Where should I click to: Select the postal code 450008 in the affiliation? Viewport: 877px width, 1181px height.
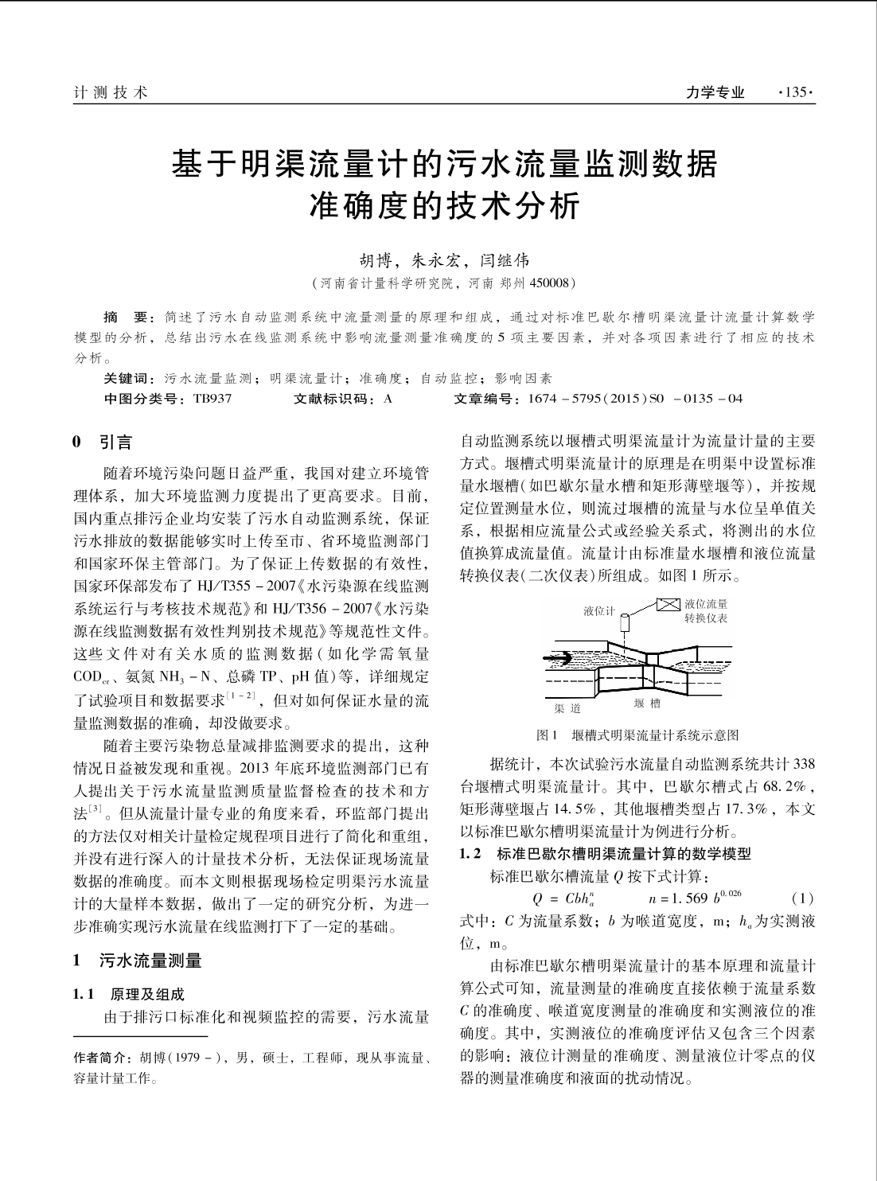tap(546, 283)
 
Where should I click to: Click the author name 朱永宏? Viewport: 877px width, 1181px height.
tap(436, 259)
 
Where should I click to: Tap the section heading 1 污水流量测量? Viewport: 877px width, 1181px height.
tap(138, 960)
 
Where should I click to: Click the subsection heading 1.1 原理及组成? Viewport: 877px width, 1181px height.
tap(128, 994)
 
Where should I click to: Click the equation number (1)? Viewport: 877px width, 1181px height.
tap(804, 898)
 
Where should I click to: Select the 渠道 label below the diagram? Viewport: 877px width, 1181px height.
tap(568, 707)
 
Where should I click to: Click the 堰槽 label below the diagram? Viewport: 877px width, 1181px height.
tap(646, 704)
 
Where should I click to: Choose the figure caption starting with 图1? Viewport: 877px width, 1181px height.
tap(638, 735)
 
